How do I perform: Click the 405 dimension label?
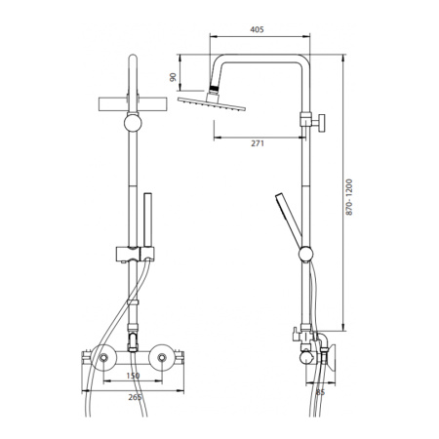(x=257, y=29)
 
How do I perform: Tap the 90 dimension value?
(x=173, y=77)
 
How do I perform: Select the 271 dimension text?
(x=258, y=143)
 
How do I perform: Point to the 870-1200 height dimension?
(x=349, y=197)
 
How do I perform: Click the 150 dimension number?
(x=133, y=376)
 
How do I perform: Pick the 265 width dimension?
(x=135, y=397)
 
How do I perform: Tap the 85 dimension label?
(x=320, y=392)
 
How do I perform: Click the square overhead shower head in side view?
(x=212, y=103)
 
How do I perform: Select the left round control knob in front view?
(x=103, y=358)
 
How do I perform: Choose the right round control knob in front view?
(x=162, y=358)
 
